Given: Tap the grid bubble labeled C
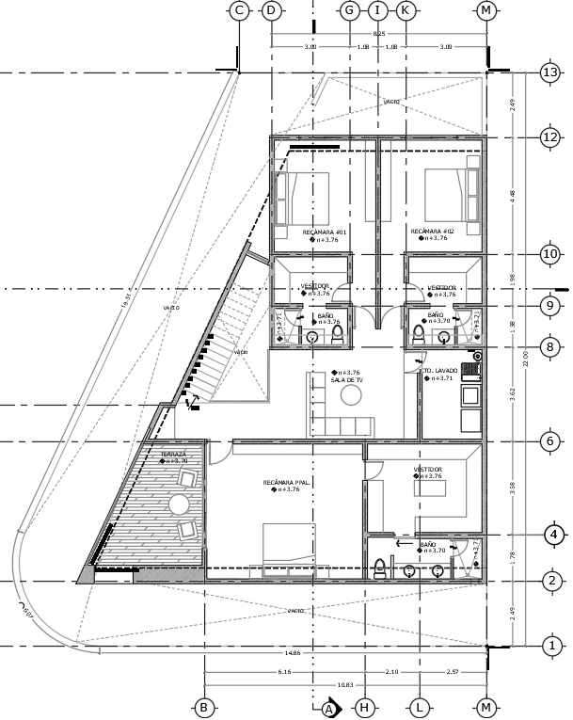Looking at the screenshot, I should (x=239, y=10).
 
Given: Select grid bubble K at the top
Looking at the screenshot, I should (x=406, y=10).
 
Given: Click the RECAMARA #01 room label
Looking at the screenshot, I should (x=325, y=232).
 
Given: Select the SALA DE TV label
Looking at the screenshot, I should (x=345, y=380).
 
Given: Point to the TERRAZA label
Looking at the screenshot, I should (x=173, y=455).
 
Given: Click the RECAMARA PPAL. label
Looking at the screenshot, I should (x=281, y=482).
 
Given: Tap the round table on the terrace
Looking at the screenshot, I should (x=179, y=504).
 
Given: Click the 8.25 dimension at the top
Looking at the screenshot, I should (x=379, y=34).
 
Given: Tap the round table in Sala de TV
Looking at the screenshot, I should (x=352, y=398).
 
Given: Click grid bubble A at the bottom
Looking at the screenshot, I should (x=329, y=708).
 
